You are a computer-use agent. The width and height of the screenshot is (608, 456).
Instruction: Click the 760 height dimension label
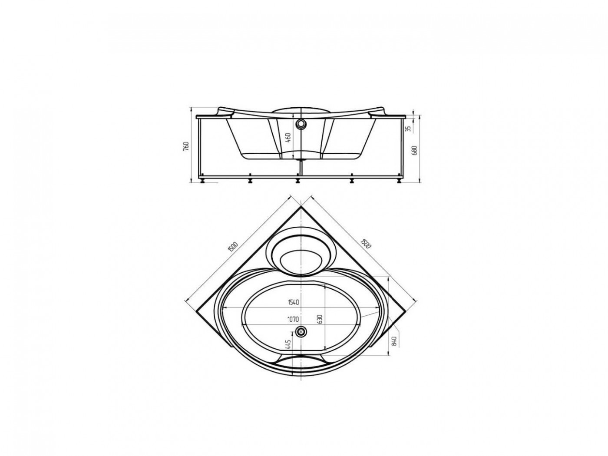186,146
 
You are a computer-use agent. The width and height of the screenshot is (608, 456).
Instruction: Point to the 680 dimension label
415,150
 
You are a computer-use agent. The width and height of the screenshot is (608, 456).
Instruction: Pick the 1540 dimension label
293,302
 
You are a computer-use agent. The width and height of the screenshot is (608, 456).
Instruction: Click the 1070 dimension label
293,320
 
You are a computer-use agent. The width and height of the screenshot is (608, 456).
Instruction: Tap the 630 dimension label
320,319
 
